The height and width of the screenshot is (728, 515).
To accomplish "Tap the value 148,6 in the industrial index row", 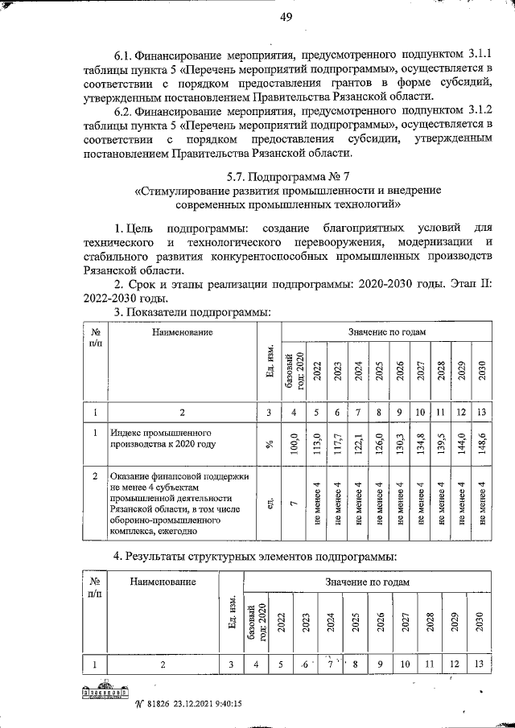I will coord(481,444).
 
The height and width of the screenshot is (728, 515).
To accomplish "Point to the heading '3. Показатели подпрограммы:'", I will coord(181,312).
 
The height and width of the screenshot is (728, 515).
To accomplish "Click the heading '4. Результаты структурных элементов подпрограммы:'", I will coord(256,557).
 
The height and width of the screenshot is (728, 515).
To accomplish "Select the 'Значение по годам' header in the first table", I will coord(381,331).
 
